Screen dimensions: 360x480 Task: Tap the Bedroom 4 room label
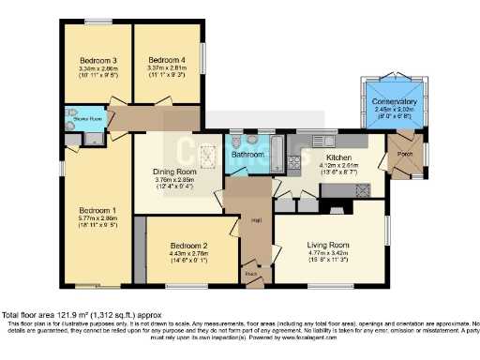click(x=167, y=59)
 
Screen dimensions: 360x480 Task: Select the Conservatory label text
click(x=394, y=101)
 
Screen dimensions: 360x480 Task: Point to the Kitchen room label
click(x=337, y=158)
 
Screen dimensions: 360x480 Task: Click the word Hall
click(x=256, y=220)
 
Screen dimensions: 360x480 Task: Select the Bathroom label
click(x=248, y=155)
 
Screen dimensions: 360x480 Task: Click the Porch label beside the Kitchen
click(x=406, y=154)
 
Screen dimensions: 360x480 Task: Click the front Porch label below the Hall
click(x=250, y=274)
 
